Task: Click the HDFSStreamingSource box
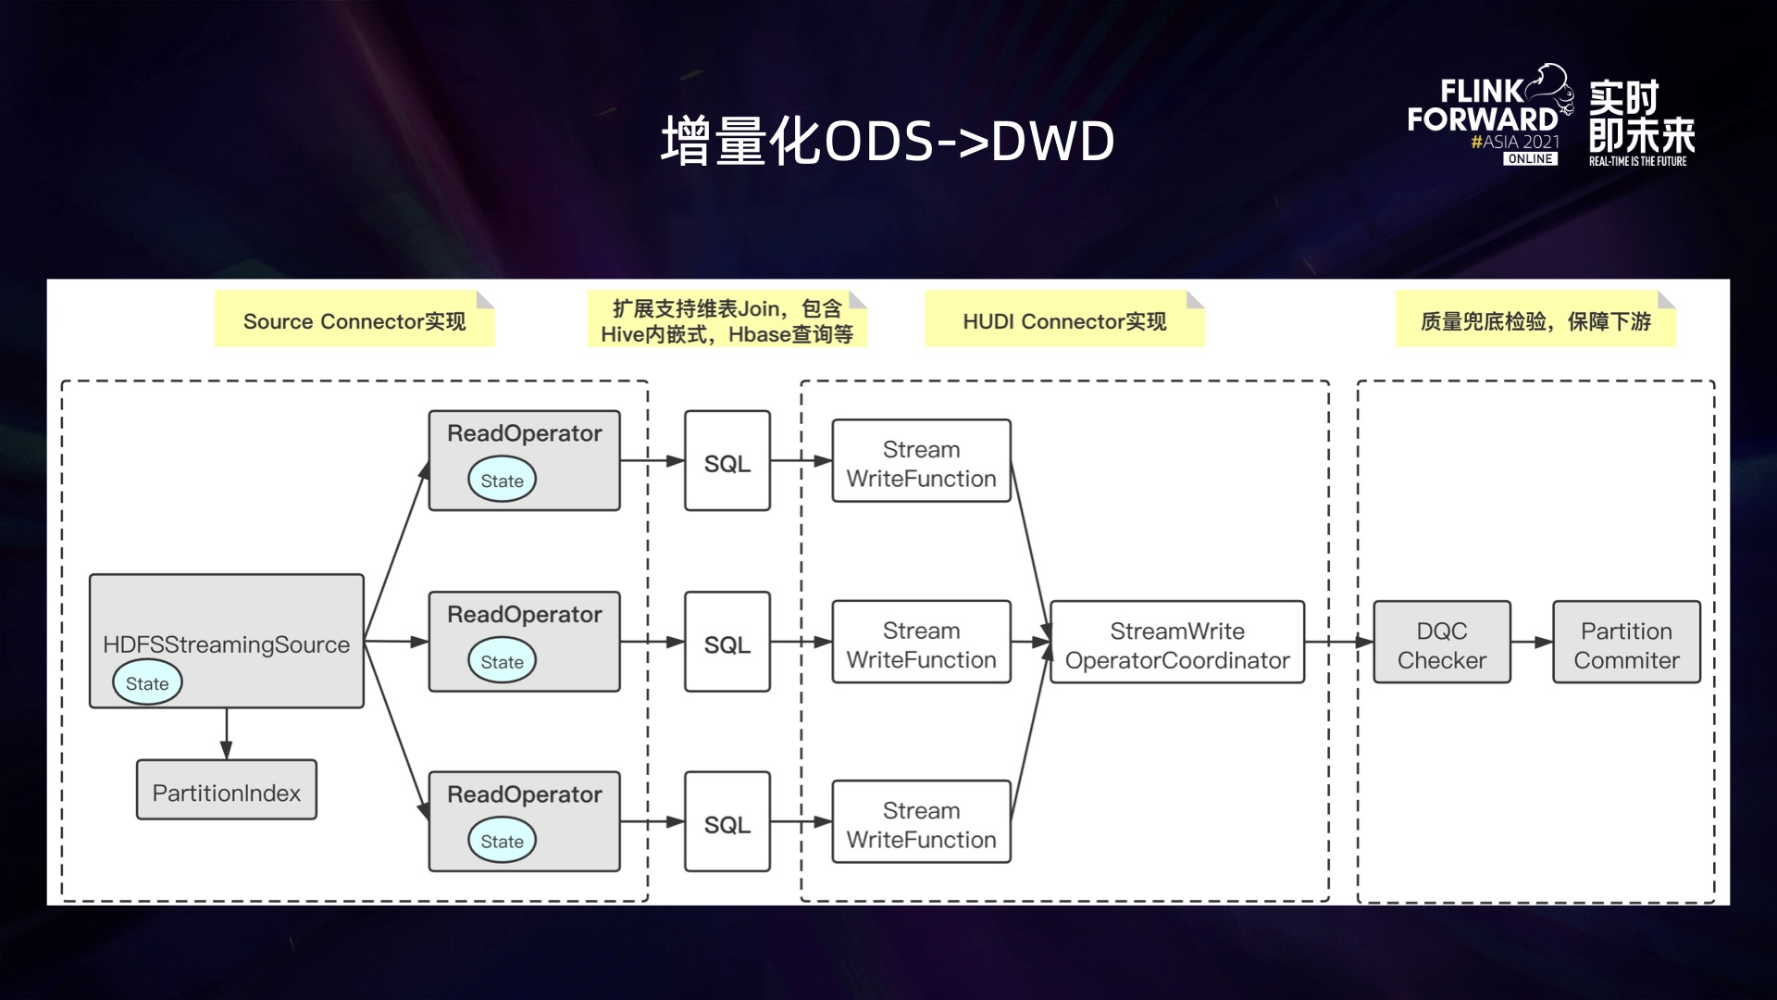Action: (x=226, y=630)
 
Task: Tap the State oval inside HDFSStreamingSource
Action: (x=147, y=683)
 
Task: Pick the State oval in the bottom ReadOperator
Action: (x=502, y=841)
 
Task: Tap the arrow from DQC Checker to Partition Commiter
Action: (x=1532, y=643)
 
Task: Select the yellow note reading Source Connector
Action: (x=354, y=320)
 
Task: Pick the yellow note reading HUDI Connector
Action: (x=1064, y=320)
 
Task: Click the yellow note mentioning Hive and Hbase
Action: (x=727, y=320)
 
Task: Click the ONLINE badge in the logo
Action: (x=1530, y=159)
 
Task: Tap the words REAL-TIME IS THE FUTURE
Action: (x=1637, y=161)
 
